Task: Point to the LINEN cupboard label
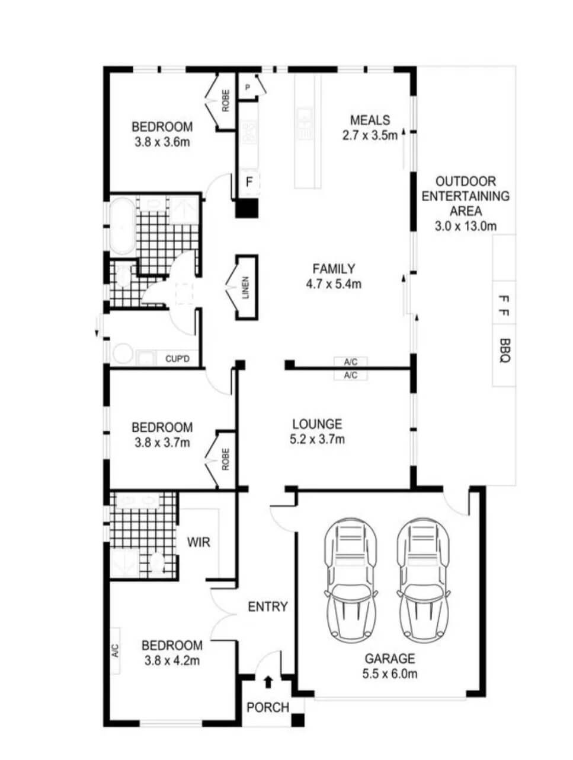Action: pyautogui.click(x=245, y=287)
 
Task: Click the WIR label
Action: pyautogui.click(x=199, y=542)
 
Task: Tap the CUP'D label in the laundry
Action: pyautogui.click(x=177, y=359)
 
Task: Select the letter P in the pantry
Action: pyautogui.click(x=247, y=87)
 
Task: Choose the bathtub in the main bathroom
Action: pyautogui.click(x=121, y=226)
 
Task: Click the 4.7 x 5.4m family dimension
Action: pyautogui.click(x=334, y=284)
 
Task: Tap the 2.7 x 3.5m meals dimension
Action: pyautogui.click(x=370, y=135)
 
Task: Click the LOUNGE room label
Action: pyautogui.click(x=317, y=424)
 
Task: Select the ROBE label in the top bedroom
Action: pyautogui.click(x=225, y=101)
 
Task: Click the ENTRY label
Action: pyautogui.click(x=268, y=606)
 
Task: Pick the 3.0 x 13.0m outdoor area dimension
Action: pyautogui.click(x=466, y=226)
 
